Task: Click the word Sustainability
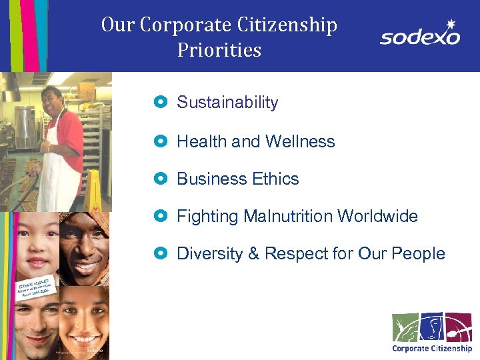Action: click(227, 103)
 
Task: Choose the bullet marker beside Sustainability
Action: click(159, 103)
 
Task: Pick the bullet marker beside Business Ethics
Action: click(159, 179)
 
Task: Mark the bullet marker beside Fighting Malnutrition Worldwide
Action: click(159, 217)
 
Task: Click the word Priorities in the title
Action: click(219, 50)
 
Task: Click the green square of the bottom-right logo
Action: click(405, 327)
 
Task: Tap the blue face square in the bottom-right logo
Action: click(431, 327)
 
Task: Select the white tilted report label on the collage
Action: click(33, 289)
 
